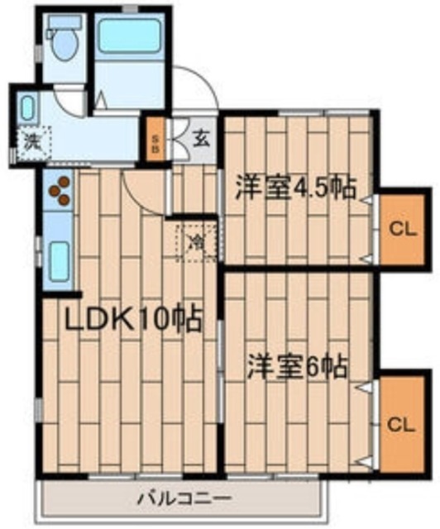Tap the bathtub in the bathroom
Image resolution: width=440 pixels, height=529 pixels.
(x=130, y=36)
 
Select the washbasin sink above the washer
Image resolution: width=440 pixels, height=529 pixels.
(x=27, y=107)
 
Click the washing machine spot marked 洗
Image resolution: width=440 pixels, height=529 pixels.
(x=34, y=143)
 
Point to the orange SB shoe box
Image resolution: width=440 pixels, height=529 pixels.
(x=155, y=139)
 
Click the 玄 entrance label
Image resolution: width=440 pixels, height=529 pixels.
(x=201, y=139)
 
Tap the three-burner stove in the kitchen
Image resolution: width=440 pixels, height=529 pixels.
(x=60, y=191)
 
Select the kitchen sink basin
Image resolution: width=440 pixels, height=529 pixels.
(x=60, y=261)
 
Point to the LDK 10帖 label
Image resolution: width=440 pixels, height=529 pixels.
(x=133, y=319)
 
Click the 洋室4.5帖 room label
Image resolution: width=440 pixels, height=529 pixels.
(x=296, y=188)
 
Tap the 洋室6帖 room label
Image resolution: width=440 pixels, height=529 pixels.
(x=297, y=366)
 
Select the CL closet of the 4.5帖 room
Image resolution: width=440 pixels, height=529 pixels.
(x=402, y=230)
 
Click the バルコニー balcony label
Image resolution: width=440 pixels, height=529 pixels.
(x=184, y=498)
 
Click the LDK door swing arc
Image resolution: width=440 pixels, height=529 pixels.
(x=137, y=202)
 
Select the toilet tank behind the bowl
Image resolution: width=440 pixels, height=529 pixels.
(x=65, y=22)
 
